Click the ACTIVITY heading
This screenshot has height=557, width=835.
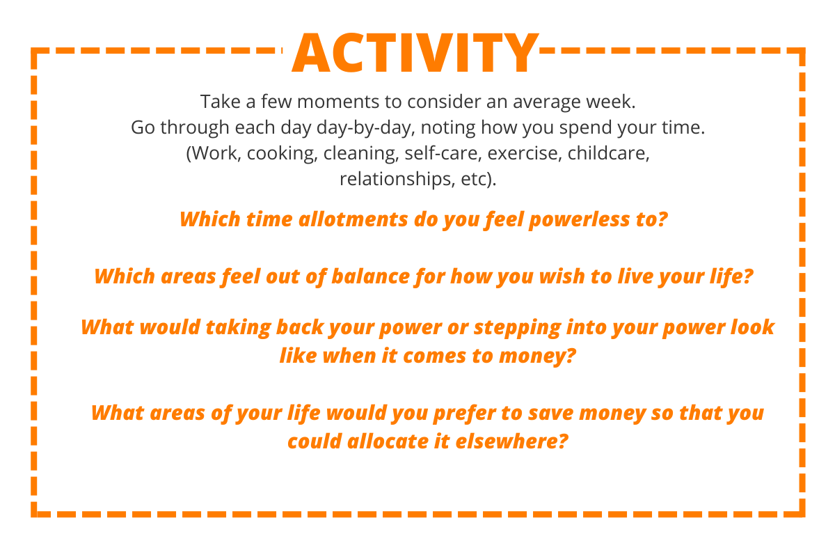tap(415, 54)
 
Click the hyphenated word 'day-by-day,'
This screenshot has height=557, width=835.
tap(366, 128)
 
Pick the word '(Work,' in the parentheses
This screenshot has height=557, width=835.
tap(214, 153)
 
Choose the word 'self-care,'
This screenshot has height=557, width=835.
tap(443, 153)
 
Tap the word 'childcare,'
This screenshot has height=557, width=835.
tap(608, 153)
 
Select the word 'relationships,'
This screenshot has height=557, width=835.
tap(397, 179)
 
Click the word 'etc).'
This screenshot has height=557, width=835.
tap(479, 179)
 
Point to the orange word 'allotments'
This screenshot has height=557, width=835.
tap(353, 219)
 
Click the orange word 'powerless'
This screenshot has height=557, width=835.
tap(579, 220)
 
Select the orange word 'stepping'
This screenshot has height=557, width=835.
tap(518, 328)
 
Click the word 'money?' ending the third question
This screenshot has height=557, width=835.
tap(537, 356)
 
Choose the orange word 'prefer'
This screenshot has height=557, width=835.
tap(465, 414)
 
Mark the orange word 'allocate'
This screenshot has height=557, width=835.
tap(388, 441)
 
